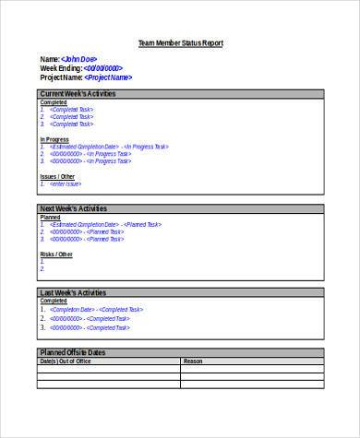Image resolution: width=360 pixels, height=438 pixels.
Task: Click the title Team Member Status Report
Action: tap(180, 43)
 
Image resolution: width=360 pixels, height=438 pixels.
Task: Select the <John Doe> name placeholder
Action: tap(79, 59)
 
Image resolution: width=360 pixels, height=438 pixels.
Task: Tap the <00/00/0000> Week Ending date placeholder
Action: tap(102, 68)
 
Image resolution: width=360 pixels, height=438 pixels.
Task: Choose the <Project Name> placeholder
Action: tap(108, 77)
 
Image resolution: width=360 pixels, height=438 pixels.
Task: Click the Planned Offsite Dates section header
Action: tap(73, 352)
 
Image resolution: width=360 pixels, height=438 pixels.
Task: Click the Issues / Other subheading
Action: tap(57, 175)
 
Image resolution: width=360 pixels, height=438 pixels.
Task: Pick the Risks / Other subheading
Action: tap(56, 254)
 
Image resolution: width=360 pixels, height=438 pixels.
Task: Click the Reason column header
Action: tap(193, 361)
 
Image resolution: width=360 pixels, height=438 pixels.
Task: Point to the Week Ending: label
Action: tap(61, 68)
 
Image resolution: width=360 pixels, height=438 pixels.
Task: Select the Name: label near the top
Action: tap(50, 59)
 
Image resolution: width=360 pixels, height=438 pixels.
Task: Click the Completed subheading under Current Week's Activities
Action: tap(54, 101)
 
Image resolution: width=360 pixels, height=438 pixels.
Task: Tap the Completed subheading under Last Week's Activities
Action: tap(54, 301)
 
